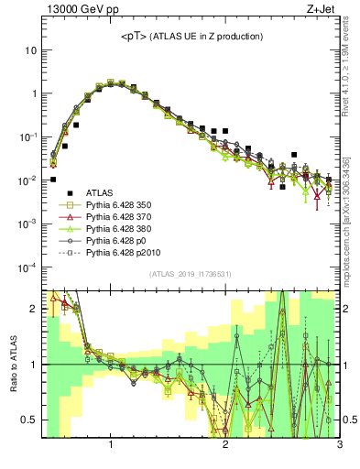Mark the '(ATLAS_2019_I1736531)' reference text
[190, 275]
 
